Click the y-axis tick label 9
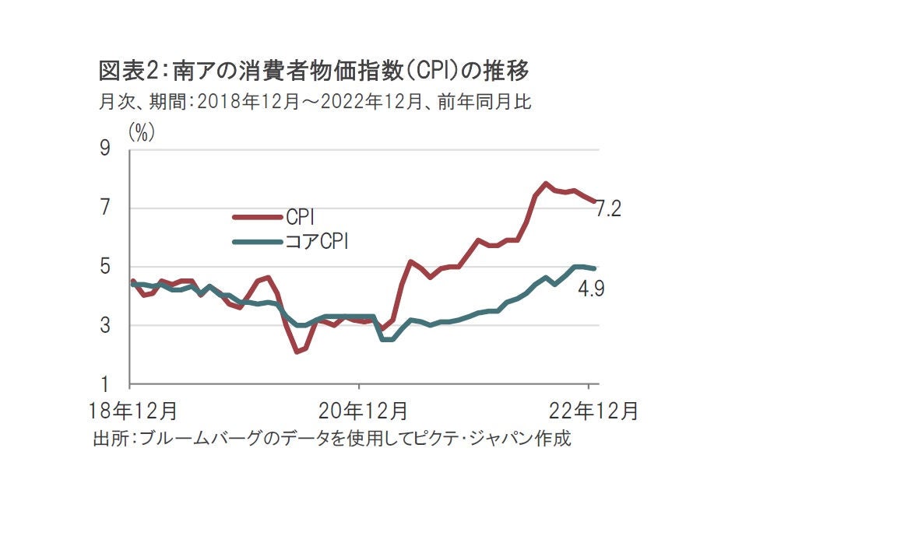(x=104, y=149)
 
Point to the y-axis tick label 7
(x=104, y=208)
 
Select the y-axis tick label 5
(x=104, y=267)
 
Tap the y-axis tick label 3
(x=104, y=326)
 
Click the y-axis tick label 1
(x=104, y=385)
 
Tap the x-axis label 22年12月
(x=593, y=410)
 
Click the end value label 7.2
(x=607, y=209)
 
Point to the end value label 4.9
(x=591, y=289)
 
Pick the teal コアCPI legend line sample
(x=258, y=242)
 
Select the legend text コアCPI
(x=317, y=242)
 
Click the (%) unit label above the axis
(x=142, y=133)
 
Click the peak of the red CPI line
(x=546, y=184)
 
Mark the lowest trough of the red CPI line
(x=297, y=352)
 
